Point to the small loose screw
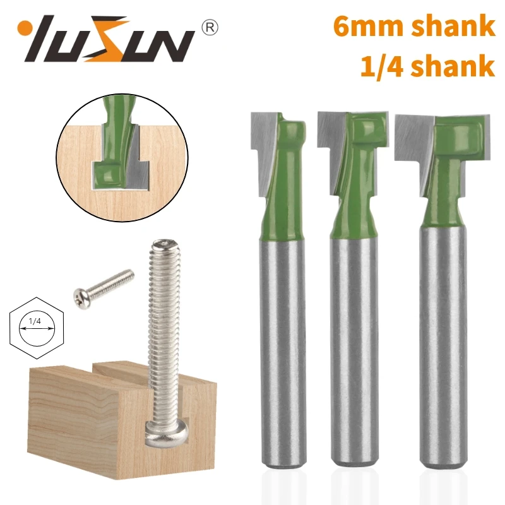(104, 285)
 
